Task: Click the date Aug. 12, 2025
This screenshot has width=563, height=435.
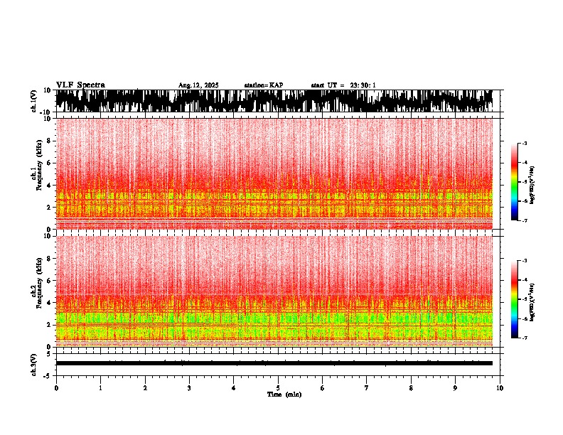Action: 198,85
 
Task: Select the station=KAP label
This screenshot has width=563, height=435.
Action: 264,85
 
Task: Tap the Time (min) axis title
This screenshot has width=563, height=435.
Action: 284,394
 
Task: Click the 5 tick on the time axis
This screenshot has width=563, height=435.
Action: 278,388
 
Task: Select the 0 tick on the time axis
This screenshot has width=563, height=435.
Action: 56,388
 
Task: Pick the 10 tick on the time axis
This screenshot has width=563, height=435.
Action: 500,388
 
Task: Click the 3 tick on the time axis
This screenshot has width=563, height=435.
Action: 189,388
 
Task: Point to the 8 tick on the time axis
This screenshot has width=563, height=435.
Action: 411,388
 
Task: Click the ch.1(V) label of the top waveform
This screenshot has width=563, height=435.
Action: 34,101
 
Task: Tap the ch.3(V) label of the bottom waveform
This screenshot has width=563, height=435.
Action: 34,362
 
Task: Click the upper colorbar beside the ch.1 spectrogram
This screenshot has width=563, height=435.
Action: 515,182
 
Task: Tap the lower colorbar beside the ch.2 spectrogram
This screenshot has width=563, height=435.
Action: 515,299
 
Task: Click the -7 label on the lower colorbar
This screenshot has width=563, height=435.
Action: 525,338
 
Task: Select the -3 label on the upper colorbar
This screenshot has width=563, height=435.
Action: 525,144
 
